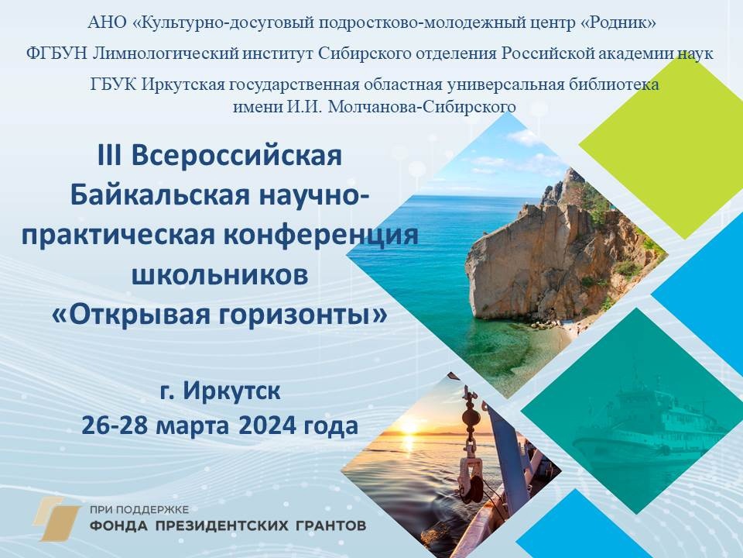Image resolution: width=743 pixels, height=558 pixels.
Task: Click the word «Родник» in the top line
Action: point(618,22)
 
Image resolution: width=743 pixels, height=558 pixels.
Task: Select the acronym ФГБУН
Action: point(56,53)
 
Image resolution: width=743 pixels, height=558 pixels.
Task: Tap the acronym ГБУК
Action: point(113,84)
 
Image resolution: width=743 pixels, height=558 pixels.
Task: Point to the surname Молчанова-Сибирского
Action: point(422,106)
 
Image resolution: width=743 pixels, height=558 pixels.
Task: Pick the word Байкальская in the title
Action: point(159,195)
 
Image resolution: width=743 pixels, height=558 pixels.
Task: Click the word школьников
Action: point(219,274)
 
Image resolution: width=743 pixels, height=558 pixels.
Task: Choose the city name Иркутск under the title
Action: point(231,391)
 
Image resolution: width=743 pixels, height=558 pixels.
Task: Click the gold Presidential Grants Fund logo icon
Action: point(56,518)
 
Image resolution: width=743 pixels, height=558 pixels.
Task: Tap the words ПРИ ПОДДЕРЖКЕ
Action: point(139,510)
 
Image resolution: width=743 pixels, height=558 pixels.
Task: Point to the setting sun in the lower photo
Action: point(409,429)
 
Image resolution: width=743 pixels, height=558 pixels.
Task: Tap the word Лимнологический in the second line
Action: point(166,53)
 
